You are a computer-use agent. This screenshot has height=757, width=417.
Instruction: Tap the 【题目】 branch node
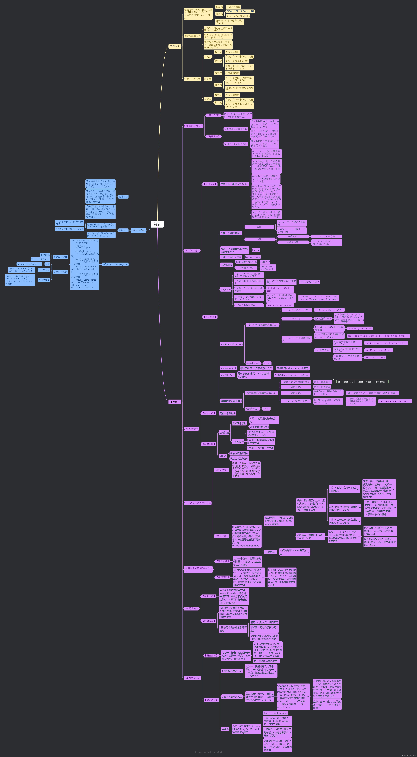click(175, 402)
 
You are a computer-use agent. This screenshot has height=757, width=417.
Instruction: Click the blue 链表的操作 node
click(139, 230)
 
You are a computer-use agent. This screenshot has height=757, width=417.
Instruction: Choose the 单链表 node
click(208, 57)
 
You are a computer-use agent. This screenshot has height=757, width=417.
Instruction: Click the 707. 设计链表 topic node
click(192, 251)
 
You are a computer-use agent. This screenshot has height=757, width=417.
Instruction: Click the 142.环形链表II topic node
click(192, 678)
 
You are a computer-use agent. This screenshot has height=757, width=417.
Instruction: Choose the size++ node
click(267, 363)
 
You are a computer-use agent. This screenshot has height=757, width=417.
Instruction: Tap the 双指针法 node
click(224, 433)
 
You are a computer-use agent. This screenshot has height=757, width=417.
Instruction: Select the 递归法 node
click(223, 456)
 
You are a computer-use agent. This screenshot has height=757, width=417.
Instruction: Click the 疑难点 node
click(225, 729)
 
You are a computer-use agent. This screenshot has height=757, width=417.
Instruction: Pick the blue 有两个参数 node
click(44, 280)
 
